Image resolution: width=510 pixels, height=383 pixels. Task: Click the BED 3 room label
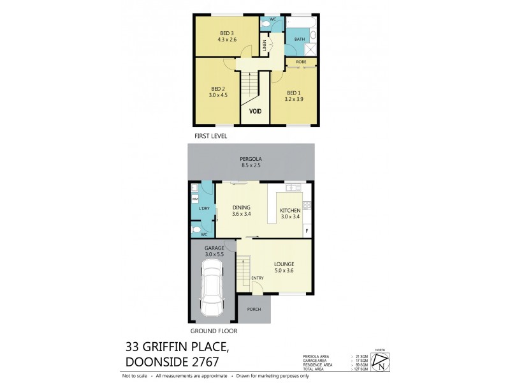coord(227,33)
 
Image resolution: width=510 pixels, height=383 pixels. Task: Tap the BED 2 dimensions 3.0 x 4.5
coord(218,95)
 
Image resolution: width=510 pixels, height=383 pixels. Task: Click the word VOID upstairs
coord(255,111)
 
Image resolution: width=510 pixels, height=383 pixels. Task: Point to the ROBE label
coord(301,62)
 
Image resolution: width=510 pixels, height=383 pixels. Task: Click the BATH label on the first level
coord(300,40)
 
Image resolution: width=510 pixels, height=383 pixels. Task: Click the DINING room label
coord(241,207)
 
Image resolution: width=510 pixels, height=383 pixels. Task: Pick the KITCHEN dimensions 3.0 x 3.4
coord(290,217)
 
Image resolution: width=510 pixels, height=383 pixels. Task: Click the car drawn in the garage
coord(212,290)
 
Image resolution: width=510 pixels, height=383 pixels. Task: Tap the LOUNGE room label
coord(284,264)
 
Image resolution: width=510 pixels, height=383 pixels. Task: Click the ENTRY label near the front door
coord(258,278)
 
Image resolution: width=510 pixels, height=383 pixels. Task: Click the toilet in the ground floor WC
coord(197,228)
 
